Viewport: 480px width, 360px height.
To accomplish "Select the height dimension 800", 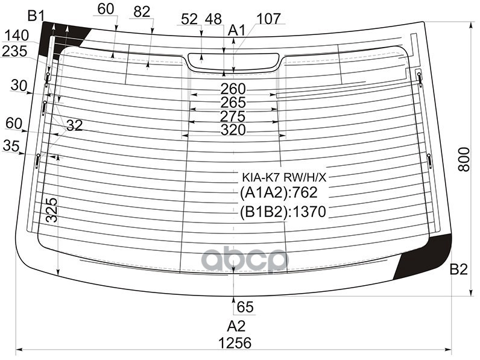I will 463,159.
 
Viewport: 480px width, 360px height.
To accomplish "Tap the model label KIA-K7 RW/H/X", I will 284,178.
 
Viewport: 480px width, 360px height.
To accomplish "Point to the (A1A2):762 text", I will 278,194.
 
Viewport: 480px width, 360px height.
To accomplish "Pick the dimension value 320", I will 233,130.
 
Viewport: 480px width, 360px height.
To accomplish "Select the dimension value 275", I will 233,116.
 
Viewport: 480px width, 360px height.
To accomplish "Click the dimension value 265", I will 233,103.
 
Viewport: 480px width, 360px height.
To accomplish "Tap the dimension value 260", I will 233,89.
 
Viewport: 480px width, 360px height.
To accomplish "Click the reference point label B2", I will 458,270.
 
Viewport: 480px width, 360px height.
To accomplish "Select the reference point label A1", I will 236,30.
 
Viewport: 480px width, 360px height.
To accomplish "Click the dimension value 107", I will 268,19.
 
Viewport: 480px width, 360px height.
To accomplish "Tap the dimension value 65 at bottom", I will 245,307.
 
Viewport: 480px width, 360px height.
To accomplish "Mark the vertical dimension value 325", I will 52,210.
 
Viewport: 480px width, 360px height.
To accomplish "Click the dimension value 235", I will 14,51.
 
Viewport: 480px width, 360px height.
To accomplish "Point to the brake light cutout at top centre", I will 233,62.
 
